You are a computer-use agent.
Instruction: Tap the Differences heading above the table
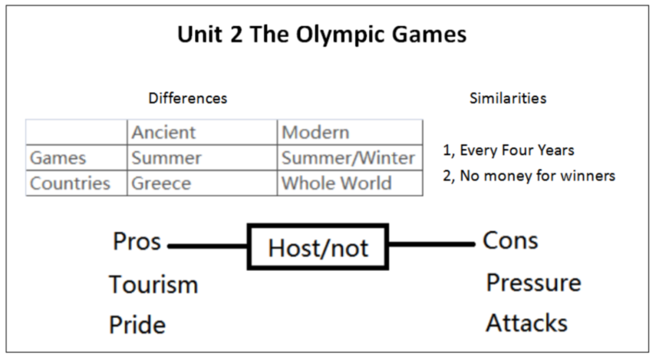point(187,98)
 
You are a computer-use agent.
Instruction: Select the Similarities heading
point(508,98)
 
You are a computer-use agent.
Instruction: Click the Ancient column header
point(164,132)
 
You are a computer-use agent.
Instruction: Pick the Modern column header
point(315,132)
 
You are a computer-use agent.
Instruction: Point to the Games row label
point(58,158)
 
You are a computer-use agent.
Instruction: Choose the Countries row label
point(70,184)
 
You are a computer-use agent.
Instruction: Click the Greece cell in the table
point(161,184)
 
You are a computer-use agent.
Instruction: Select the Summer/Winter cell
point(348,158)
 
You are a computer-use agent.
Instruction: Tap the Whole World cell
point(336,184)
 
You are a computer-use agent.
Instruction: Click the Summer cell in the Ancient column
point(167,158)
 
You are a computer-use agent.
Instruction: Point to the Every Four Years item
point(508,150)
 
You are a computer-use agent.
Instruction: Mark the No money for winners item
point(528,176)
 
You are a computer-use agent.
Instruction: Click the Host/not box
point(318,247)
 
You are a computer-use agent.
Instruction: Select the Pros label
point(137,242)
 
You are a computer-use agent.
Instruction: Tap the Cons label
point(510,241)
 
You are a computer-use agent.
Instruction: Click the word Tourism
point(153,285)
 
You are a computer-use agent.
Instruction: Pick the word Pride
point(137,325)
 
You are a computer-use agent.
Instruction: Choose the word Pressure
point(533,283)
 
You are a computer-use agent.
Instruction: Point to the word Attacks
point(527,323)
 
